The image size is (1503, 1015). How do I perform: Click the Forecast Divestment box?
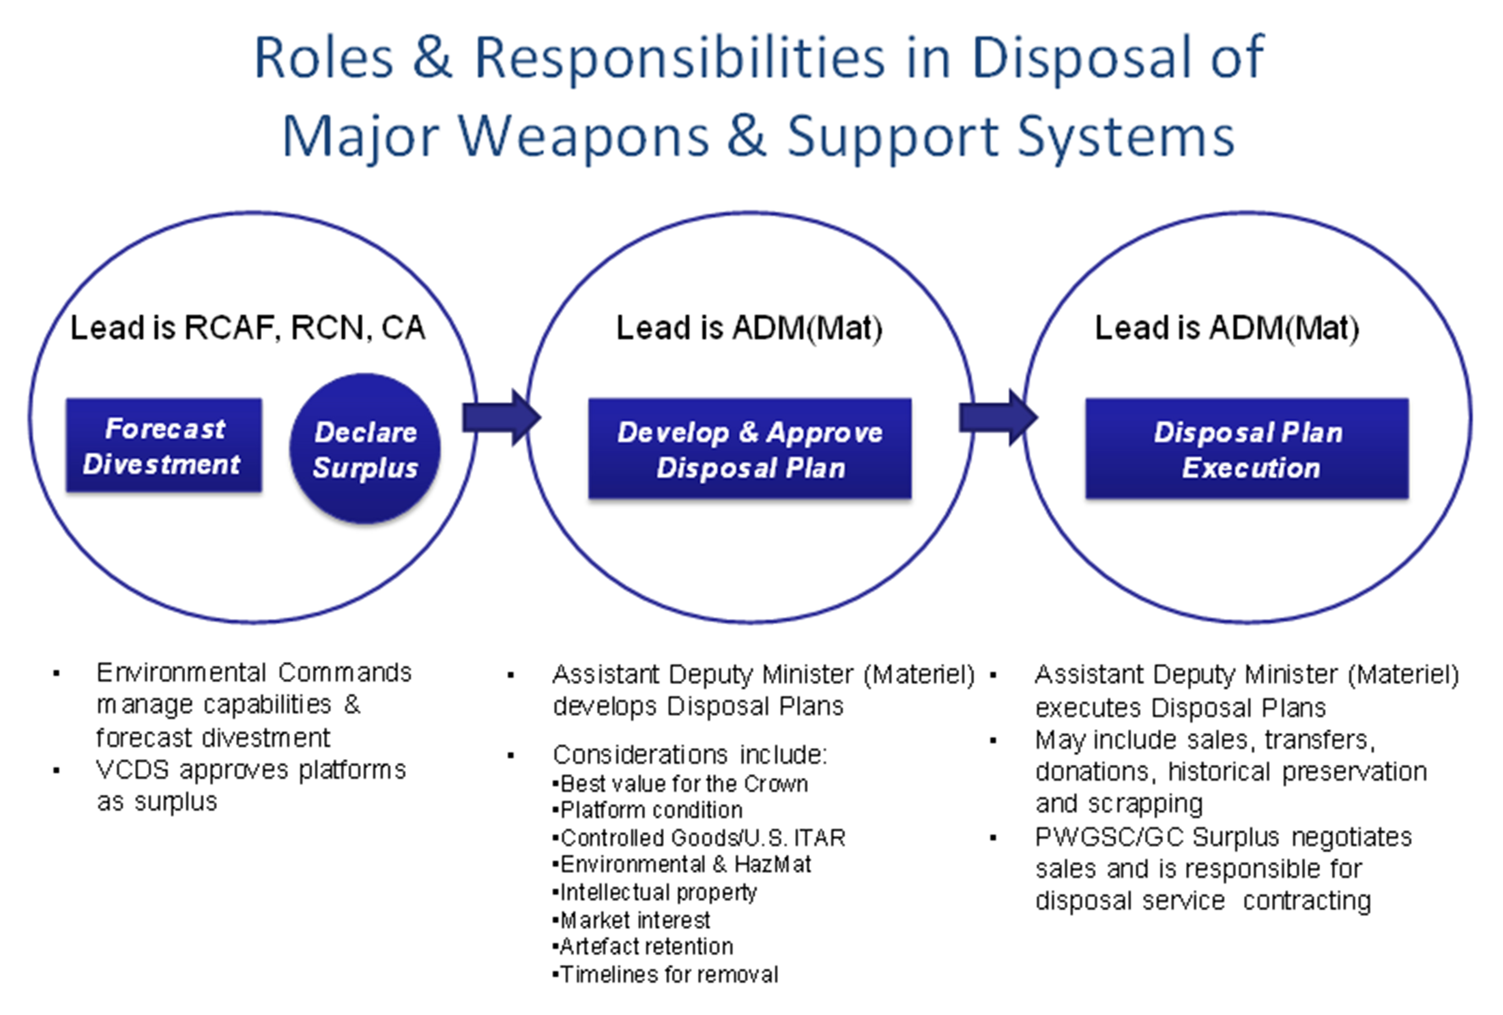(x=164, y=446)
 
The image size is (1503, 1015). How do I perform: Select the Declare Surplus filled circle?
(x=365, y=449)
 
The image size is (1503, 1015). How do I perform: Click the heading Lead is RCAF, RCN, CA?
(x=248, y=327)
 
